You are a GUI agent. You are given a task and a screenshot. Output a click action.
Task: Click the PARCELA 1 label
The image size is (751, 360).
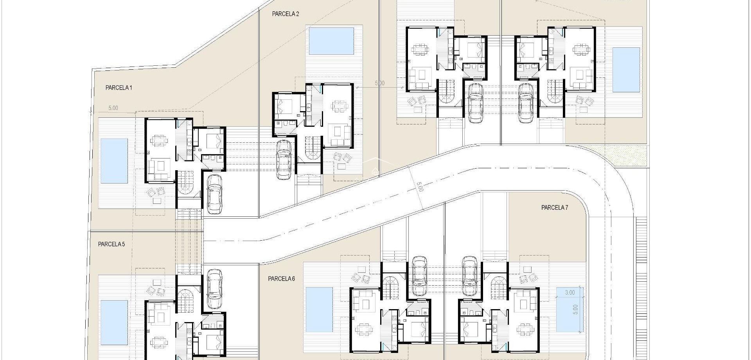119,88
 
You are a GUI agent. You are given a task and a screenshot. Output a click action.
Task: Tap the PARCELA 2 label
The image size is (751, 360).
286,14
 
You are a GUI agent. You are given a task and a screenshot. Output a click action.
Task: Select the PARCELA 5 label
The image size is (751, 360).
111,244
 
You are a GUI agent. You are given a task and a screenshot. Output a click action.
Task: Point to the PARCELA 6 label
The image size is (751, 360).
281,279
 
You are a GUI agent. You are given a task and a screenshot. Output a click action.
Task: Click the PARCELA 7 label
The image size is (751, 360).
555,208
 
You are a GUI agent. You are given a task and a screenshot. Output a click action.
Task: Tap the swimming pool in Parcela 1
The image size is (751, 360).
114,161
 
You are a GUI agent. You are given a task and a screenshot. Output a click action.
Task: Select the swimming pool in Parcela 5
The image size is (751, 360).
114,322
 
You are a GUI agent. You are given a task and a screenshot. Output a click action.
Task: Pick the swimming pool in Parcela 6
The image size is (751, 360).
319,309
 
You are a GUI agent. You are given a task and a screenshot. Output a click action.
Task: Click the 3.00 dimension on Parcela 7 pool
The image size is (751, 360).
570,292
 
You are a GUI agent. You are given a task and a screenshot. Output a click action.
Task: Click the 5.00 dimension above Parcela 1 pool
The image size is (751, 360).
113,108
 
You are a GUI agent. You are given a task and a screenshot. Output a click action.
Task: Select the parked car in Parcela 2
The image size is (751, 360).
283,160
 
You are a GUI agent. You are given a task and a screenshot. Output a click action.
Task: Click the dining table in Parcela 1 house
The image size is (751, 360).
158,140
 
